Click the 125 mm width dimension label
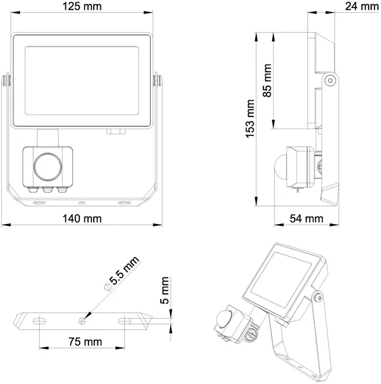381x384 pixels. [82, 6]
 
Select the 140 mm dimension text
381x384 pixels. [82, 218]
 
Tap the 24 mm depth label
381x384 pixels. [362, 6]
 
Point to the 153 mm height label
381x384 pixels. [251, 119]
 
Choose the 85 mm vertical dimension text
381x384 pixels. [267, 80]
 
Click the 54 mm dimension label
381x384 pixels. [306, 218]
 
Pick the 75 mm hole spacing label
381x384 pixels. [85, 342]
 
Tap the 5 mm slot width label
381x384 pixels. [165, 290]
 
